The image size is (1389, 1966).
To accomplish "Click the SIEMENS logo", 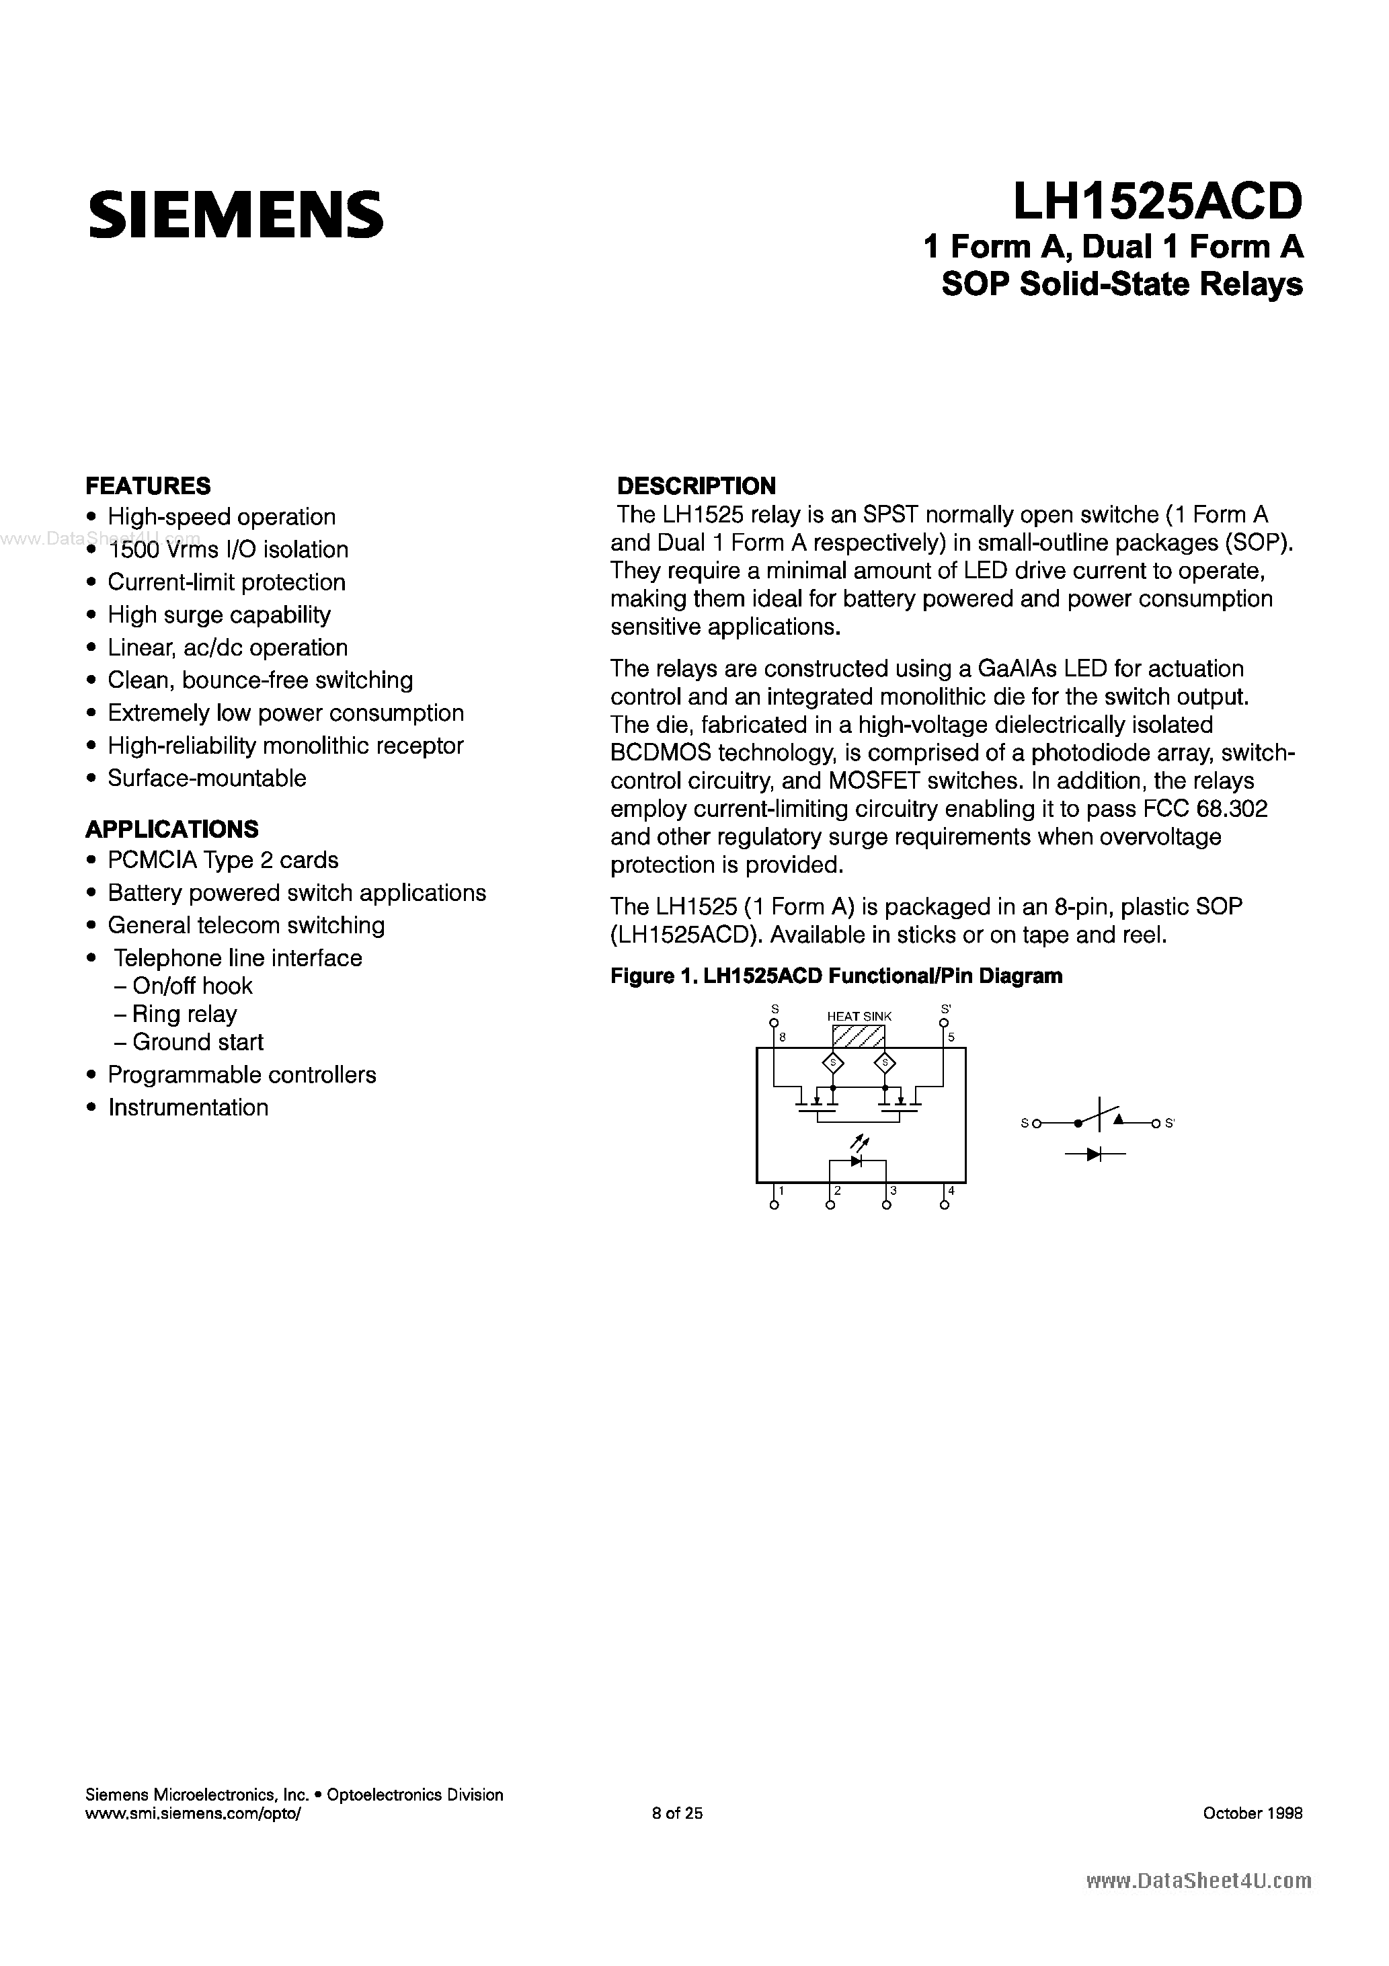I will (235, 214).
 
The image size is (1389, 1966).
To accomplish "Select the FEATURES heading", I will (148, 485).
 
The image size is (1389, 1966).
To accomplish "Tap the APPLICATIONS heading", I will (172, 829).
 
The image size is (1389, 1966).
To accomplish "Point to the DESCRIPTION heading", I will (697, 485).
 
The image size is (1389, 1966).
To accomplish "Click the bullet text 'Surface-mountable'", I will (206, 779).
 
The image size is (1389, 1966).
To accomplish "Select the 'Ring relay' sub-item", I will (184, 1014).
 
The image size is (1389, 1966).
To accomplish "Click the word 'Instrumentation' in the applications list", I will (188, 1107).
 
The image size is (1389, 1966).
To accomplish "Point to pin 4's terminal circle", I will (945, 1206).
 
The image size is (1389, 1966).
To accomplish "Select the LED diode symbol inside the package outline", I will (857, 1161).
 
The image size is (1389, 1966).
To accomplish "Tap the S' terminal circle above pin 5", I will (945, 1023).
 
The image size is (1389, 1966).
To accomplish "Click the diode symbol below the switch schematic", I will (1094, 1154).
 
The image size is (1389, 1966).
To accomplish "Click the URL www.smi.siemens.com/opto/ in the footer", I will (194, 1813).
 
